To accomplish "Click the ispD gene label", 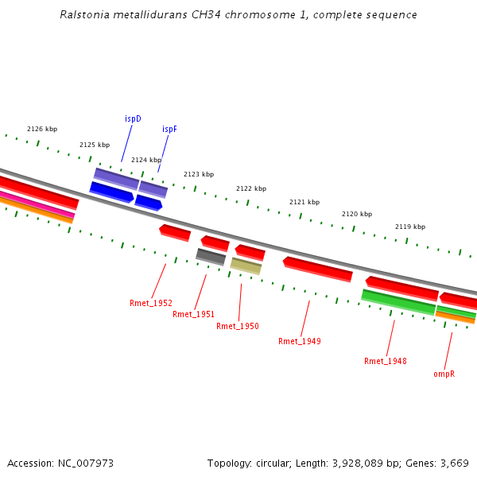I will (133, 118).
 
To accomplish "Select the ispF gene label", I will (169, 129).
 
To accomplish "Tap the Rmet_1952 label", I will (151, 303).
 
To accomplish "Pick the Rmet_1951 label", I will (193, 314).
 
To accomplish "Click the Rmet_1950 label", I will (237, 326).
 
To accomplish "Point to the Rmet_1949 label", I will (299, 341).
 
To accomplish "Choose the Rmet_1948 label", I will (385, 361).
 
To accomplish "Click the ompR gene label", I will (444, 373).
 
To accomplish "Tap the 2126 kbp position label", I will (42, 129).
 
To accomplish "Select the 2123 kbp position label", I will (199, 174).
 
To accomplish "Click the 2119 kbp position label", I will (410, 227).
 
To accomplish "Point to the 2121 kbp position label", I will (304, 202).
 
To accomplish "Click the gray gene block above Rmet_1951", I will (211, 256).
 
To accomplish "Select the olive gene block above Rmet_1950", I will (246, 266).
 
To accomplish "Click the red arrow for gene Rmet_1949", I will (318, 269).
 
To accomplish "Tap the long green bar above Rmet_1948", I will (398, 301).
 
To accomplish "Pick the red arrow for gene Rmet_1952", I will (175, 232).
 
